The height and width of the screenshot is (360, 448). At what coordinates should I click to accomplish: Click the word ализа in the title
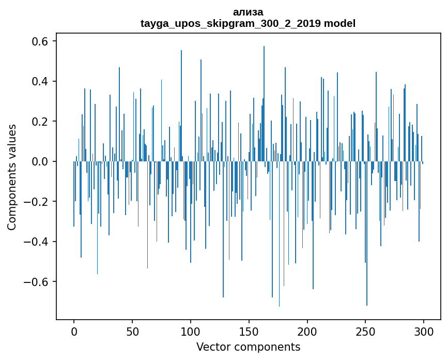[248, 12]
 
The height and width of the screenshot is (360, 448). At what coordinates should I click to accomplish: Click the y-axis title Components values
[12, 177]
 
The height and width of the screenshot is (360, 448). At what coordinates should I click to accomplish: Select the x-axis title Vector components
[248, 347]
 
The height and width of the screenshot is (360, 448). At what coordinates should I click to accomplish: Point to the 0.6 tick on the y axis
[41, 41]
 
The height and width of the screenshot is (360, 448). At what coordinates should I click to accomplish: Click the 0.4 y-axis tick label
[41, 82]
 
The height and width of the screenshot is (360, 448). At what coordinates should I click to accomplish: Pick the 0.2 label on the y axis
[41, 122]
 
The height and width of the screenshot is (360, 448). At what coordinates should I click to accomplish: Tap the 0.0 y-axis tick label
[41, 162]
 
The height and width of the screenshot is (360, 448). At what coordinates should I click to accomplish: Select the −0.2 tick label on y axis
[37, 202]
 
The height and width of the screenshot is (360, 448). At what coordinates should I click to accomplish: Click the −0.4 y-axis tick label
[37, 242]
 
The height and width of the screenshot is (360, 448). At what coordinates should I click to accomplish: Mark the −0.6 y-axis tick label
[37, 282]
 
